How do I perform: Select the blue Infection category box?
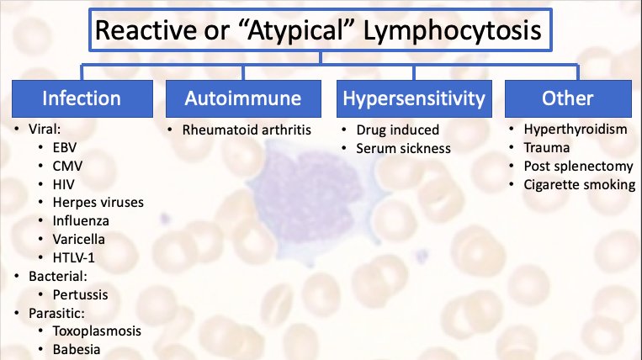(82, 98)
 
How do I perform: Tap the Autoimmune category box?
(244, 98)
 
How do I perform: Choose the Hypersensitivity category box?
(414, 98)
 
